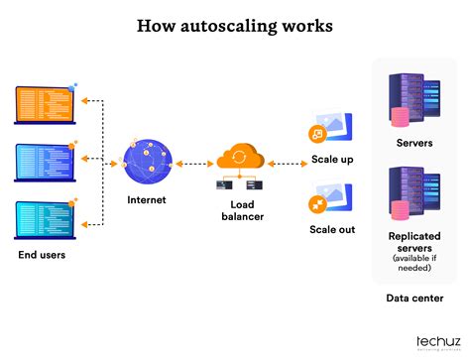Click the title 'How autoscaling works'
pyautogui.click(x=235, y=27)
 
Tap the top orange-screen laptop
pyautogui.click(x=44, y=104)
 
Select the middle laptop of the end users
pyautogui.click(x=44, y=161)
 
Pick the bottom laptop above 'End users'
pyautogui.click(x=44, y=218)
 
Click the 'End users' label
pyautogui.click(x=43, y=254)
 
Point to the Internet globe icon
pyautogui.click(x=147, y=161)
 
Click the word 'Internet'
pyautogui.click(x=147, y=200)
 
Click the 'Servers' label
pyautogui.click(x=413, y=143)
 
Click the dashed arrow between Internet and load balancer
pyautogui.click(x=194, y=163)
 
